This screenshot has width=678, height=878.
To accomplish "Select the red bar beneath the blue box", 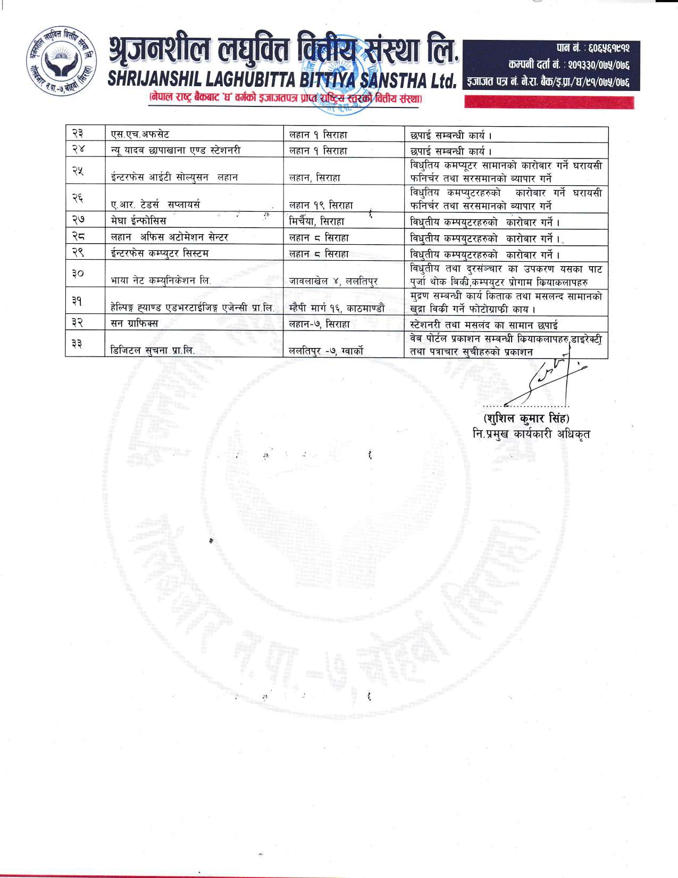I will [x=549, y=102].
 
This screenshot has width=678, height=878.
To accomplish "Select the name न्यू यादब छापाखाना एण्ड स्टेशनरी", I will [x=175, y=151].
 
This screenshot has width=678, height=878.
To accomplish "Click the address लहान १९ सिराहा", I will [x=321, y=205].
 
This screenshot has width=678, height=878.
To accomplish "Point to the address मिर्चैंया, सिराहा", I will [x=317, y=221].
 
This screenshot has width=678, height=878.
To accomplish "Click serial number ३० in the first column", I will [x=77, y=274].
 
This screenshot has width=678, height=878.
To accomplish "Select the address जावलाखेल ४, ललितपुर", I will [x=333, y=281].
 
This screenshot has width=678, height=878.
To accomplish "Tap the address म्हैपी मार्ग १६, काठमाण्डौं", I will [x=338, y=308].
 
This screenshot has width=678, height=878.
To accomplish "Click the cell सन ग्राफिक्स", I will [x=134, y=323].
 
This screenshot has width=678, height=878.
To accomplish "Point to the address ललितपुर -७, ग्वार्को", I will [x=326, y=351].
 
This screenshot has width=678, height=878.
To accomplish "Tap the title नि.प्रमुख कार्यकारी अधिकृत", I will [x=531, y=434].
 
